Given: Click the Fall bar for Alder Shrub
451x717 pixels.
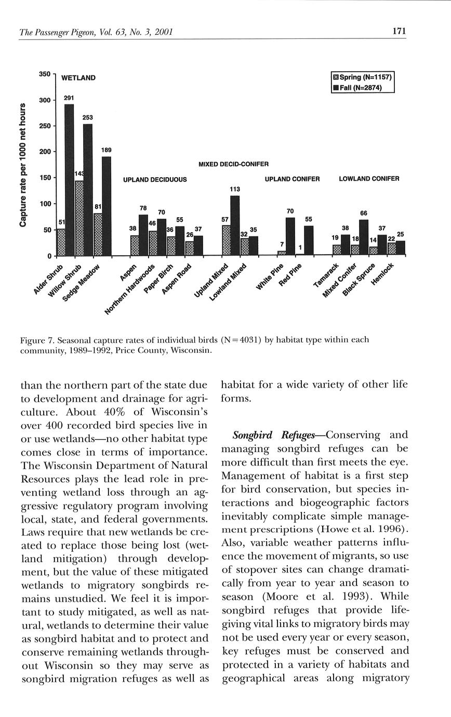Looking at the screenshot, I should pyautogui.click(x=69, y=179).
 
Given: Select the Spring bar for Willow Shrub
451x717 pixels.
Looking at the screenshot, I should pyautogui.click(x=79, y=218).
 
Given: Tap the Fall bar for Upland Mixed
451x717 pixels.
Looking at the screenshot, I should pyautogui.click(x=235, y=225).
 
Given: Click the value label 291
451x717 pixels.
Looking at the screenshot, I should pyautogui.click(x=69, y=98).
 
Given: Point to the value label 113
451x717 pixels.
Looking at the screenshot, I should pyautogui.click(x=235, y=190).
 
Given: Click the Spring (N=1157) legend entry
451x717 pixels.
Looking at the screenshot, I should pyautogui.click(x=363, y=77).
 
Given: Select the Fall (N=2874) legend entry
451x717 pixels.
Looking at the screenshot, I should pyautogui.click(x=361, y=87).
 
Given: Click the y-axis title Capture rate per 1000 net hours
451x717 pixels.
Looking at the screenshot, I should pyautogui.click(x=23, y=165).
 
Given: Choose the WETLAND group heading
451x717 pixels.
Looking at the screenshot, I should pyautogui.click(x=78, y=78).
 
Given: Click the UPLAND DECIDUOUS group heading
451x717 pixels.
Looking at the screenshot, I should pyautogui.click(x=155, y=180).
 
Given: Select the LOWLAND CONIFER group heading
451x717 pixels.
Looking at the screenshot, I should pyautogui.click(x=369, y=179).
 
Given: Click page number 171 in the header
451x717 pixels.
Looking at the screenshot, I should pyautogui.click(x=399, y=32).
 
